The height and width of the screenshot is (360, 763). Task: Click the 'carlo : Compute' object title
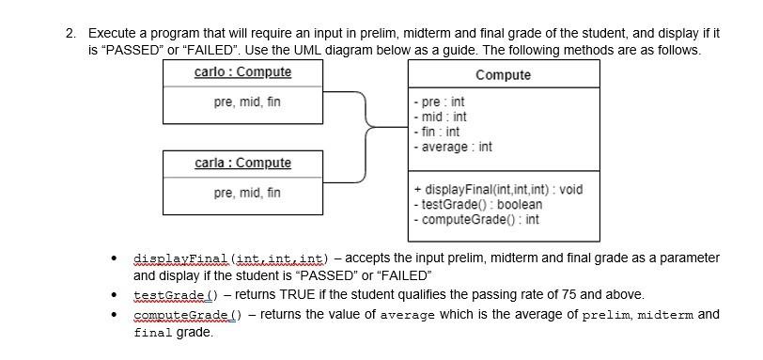242,72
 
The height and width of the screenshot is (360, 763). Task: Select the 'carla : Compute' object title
242,164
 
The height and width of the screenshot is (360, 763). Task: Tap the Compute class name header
503,75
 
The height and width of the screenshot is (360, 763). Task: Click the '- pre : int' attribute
439,102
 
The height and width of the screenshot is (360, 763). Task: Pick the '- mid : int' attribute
439,117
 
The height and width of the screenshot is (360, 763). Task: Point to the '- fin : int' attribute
437,132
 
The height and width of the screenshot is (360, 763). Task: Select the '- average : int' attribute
452,147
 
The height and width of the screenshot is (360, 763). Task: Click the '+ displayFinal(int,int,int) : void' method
497,190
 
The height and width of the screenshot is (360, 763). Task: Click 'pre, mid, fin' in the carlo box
247,102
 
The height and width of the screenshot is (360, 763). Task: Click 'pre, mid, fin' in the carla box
247,193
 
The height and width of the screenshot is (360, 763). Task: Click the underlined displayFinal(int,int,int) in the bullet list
229,258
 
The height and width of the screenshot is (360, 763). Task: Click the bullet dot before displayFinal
114,258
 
